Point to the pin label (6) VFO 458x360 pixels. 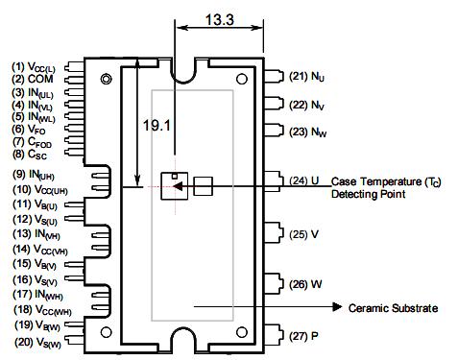point(29,129)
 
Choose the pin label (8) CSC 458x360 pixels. point(29,154)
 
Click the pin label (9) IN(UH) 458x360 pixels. point(33,175)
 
